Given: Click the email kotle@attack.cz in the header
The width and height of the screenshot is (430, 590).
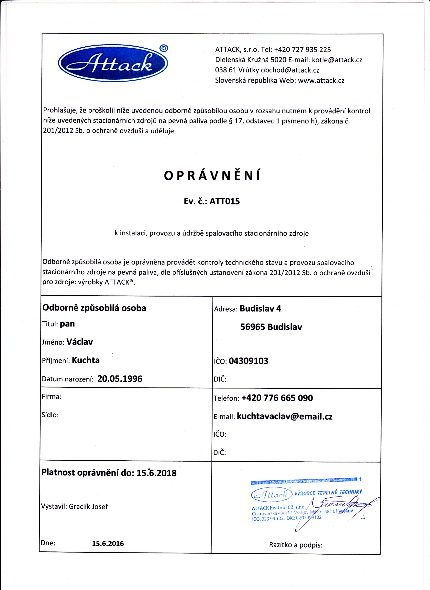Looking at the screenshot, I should click(x=337, y=60).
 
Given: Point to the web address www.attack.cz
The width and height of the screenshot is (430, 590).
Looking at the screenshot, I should click(x=321, y=80).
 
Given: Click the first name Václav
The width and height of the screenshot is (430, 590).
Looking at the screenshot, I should click(x=80, y=342).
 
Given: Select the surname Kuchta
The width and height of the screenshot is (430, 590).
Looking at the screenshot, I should click(x=86, y=360).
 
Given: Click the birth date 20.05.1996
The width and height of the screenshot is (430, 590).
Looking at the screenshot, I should click(x=120, y=379).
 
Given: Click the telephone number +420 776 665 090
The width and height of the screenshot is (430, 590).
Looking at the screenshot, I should click(x=277, y=398).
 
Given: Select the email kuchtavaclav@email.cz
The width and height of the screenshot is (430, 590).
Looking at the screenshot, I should click(x=284, y=416).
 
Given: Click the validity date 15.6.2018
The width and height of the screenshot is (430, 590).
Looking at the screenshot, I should click(x=156, y=473).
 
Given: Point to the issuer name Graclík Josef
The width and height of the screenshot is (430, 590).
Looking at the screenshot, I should click(x=88, y=506).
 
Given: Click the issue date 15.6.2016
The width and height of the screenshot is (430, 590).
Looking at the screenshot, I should click(x=108, y=543).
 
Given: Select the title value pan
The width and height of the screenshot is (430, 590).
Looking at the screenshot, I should click(x=67, y=324).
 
